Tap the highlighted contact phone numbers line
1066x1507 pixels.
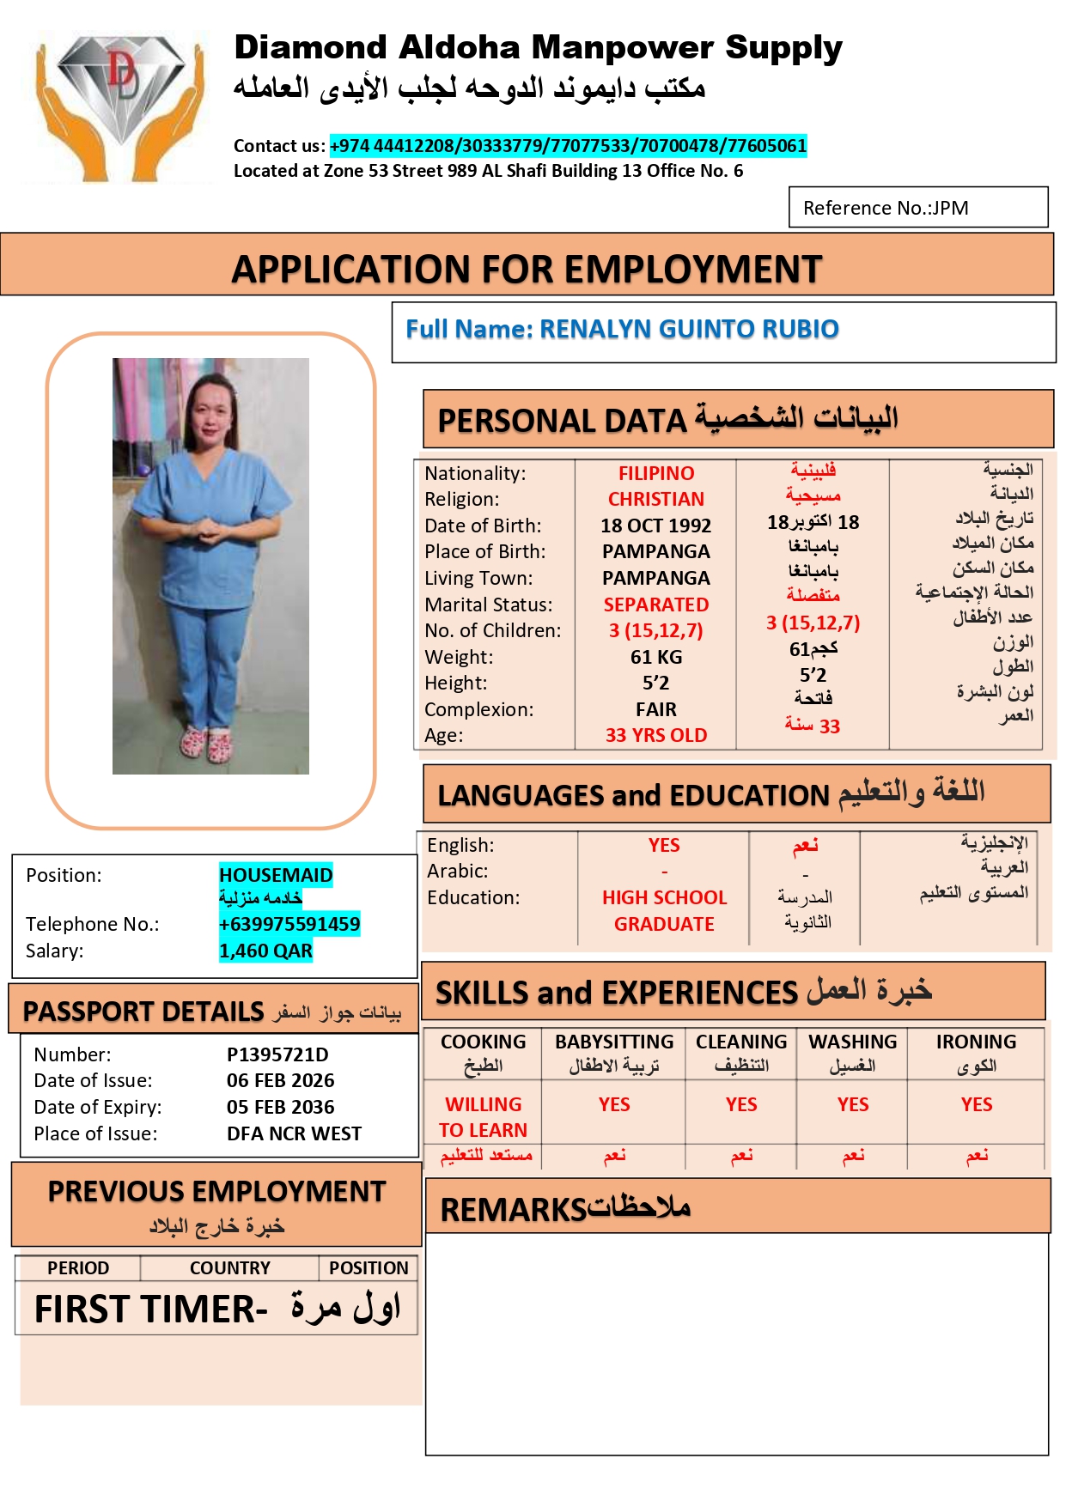pos(568,146)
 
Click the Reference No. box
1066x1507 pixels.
pos(917,208)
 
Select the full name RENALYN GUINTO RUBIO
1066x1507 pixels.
pos(688,329)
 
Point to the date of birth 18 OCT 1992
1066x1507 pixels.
pos(655,526)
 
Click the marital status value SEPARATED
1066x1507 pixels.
pos(655,605)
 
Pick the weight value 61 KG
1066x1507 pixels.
pos(655,657)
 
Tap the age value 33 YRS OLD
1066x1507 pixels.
pos(655,735)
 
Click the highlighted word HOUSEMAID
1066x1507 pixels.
pos(275,875)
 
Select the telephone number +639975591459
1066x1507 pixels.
pos(289,924)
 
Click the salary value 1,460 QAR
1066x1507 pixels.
pos(265,951)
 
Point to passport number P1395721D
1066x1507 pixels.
pos(277,1054)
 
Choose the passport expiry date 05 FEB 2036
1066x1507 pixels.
pos(280,1107)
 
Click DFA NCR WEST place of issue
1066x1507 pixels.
pos(294,1133)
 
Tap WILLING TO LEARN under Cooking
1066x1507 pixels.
pos(483,1116)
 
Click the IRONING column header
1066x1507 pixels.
pos(976,1042)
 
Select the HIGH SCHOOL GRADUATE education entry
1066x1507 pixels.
pos(664,910)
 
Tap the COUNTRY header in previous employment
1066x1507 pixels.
pos(229,1268)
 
